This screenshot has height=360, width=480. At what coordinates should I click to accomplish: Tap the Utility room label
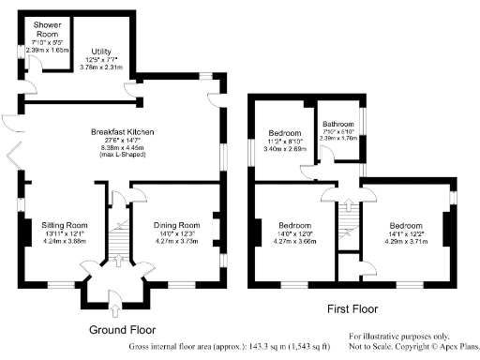click(x=101, y=52)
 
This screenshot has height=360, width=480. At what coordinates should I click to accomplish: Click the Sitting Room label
click(x=65, y=225)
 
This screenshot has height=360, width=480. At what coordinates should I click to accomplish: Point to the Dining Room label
click(x=177, y=225)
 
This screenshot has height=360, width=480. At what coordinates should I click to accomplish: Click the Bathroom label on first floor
click(x=337, y=124)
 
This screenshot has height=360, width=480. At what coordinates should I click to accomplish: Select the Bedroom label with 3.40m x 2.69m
click(x=284, y=133)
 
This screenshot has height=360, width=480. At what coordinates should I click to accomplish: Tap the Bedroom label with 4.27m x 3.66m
click(x=292, y=226)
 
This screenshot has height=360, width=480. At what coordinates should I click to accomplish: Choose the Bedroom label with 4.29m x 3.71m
click(x=406, y=226)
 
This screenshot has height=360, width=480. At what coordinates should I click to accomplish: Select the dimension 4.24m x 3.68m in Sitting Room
click(x=65, y=240)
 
